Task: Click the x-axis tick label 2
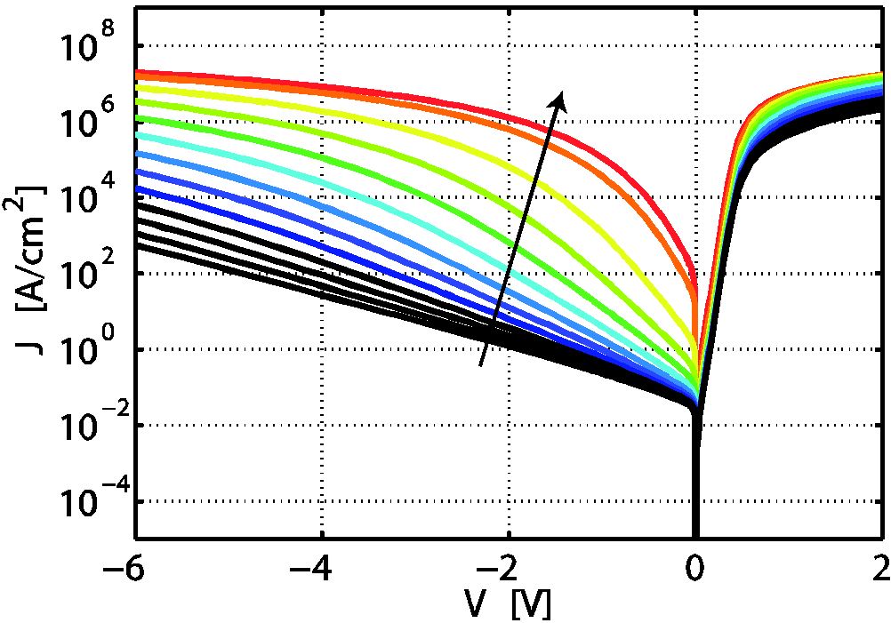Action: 881,566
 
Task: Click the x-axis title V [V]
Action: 507,604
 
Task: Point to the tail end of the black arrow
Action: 481,364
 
